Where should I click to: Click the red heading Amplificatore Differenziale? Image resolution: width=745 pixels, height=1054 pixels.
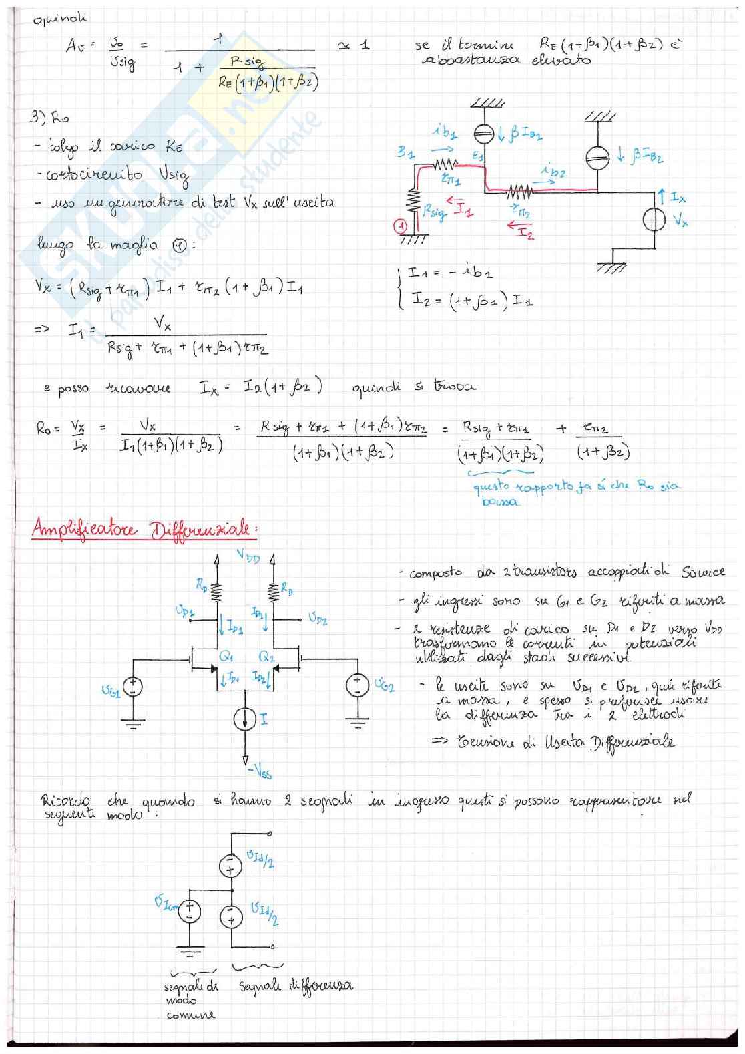click(x=144, y=530)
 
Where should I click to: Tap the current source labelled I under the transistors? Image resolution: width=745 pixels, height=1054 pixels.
click(x=245, y=719)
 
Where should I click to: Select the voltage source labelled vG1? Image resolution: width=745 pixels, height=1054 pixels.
click(x=134, y=687)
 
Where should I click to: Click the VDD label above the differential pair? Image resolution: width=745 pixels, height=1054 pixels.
click(x=248, y=556)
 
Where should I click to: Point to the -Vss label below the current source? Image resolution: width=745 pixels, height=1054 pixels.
click(x=259, y=771)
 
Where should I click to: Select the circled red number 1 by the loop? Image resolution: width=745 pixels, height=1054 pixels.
click(x=401, y=227)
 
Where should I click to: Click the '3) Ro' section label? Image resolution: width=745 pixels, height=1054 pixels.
click(x=49, y=118)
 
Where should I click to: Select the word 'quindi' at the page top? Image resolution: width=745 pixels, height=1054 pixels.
click(x=60, y=18)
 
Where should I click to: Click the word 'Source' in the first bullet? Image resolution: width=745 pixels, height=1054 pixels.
click(x=702, y=572)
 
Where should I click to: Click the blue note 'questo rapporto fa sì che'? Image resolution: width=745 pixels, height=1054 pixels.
click(x=547, y=486)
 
